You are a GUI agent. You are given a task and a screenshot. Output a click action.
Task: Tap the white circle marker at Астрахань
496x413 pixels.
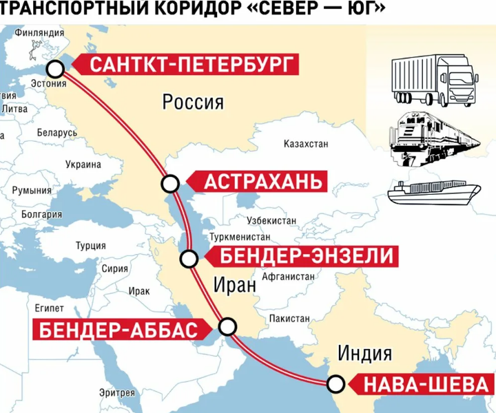pyautogui.click(x=170, y=183)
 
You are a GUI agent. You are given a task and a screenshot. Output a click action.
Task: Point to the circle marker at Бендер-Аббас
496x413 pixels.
pyautogui.click(x=227, y=326)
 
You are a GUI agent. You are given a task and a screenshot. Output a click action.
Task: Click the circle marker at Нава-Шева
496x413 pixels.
pyautogui.click(x=335, y=383)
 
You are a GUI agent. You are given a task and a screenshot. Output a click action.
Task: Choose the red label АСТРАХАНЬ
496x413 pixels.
pyautogui.click(x=262, y=182)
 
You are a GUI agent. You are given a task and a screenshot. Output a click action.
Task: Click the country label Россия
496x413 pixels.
pyautogui.click(x=193, y=103)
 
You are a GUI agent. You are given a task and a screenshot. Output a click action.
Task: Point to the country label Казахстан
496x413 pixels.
pyautogui.click(x=306, y=145)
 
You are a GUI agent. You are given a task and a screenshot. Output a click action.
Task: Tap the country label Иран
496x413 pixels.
pyautogui.click(x=234, y=284)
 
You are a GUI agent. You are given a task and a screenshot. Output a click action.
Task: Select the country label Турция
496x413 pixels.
pyautogui.click(x=90, y=246)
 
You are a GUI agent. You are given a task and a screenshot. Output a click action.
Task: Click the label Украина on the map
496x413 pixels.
pyautogui.click(x=83, y=165)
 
